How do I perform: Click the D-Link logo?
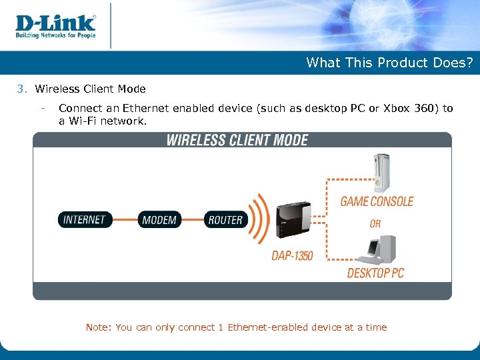[55, 22]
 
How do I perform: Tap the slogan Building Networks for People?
[55, 35]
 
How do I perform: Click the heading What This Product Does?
[389, 63]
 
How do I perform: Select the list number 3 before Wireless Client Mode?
[21, 89]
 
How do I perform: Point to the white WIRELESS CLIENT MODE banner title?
[237, 140]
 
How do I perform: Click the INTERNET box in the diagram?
[85, 219]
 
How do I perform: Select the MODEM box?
[159, 219]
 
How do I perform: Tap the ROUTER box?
[225, 219]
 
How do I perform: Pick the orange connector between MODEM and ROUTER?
[192, 219]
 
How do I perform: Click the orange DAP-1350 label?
[292, 255]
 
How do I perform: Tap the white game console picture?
[382, 172]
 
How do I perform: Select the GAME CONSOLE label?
[377, 201]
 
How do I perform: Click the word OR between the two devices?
[375, 223]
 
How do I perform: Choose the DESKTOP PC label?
[375, 273]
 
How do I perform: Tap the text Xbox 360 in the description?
[413, 109]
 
